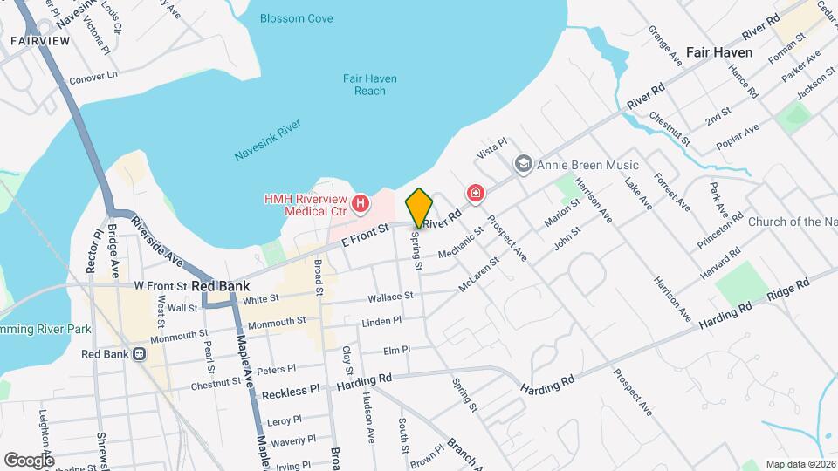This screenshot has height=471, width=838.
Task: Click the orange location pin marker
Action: (x=419, y=208)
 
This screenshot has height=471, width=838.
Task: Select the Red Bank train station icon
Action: (x=139, y=354)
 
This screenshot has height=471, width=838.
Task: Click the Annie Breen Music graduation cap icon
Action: (x=523, y=164)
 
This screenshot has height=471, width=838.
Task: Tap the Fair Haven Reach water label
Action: (x=369, y=85)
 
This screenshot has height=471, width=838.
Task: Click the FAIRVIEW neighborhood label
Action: (x=39, y=40)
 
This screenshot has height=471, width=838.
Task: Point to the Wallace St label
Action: (x=390, y=297)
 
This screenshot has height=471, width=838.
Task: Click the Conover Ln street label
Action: (x=92, y=76)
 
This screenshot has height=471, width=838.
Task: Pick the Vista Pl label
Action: (x=491, y=148)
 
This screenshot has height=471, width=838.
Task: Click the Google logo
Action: (x=29, y=460)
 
